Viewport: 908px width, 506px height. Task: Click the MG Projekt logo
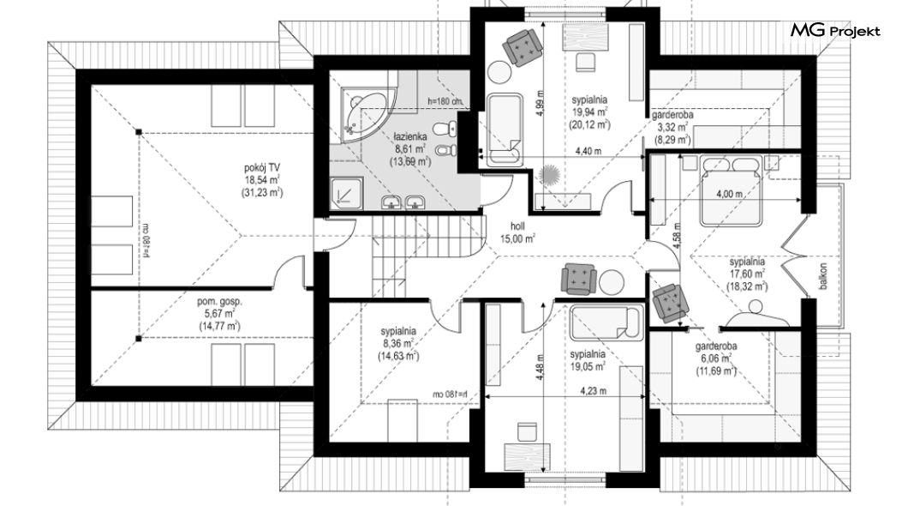834,31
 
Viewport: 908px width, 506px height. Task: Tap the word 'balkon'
821,277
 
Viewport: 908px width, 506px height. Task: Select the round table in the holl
612,282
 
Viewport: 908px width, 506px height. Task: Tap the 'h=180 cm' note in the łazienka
445,101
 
